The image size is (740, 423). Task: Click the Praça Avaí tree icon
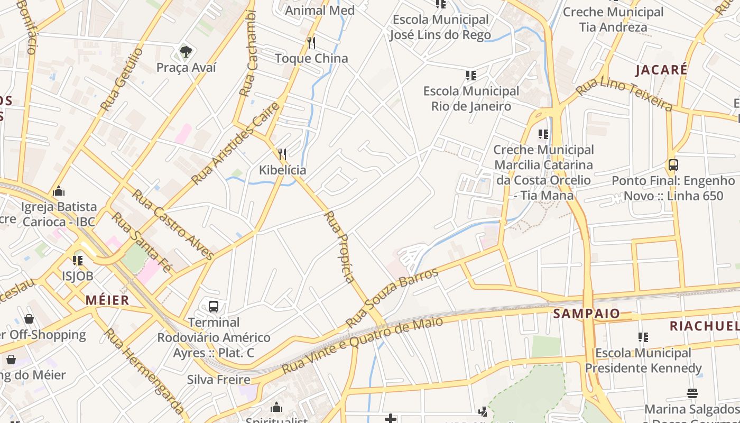click(x=186, y=51)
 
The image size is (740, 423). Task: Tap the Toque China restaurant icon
click(x=311, y=42)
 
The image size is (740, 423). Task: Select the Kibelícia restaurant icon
click(x=282, y=154)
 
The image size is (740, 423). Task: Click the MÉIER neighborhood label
click(x=107, y=300)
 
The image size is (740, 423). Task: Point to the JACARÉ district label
click(x=661, y=70)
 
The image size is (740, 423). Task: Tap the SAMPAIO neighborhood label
click(x=586, y=314)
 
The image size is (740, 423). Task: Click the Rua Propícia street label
click(x=339, y=246)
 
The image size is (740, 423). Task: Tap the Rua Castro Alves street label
click(x=173, y=224)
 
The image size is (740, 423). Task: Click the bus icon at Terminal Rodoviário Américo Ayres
click(x=214, y=306)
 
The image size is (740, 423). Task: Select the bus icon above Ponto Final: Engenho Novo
click(x=673, y=164)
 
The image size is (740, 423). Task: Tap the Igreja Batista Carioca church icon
click(x=59, y=190)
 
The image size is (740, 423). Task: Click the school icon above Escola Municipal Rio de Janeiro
click(x=470, y=76)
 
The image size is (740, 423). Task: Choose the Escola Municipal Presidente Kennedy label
click(x=643, y=360)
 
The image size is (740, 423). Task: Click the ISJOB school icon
click(x=78, y=260)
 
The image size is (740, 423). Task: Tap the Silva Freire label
click(x=218, y=379)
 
